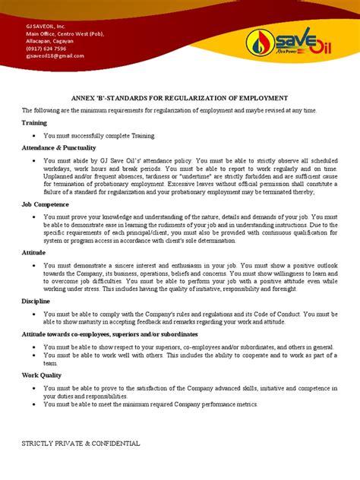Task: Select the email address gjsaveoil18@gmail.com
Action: click(55, 55)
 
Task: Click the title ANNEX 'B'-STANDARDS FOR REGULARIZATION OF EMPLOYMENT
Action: click(179, 98)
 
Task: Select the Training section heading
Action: click(35, 122)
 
